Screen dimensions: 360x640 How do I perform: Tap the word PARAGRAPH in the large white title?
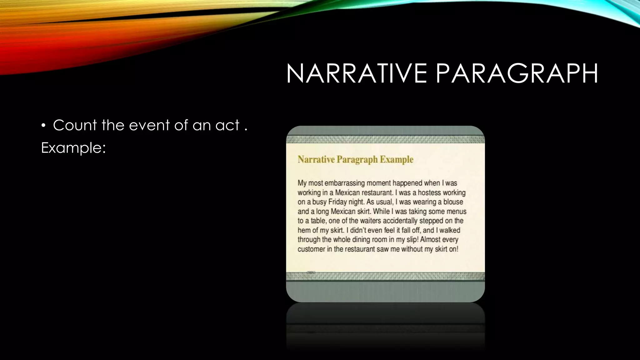[517, 74]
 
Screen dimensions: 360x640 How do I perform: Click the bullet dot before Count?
[43, 126]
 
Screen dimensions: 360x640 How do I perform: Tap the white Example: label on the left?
[73, 148]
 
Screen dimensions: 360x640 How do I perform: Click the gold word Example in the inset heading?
[397, 160]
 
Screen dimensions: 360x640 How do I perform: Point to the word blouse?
[453, 202]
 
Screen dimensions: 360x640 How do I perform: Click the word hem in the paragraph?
[303, 230]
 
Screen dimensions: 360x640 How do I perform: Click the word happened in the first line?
[403, 183]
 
